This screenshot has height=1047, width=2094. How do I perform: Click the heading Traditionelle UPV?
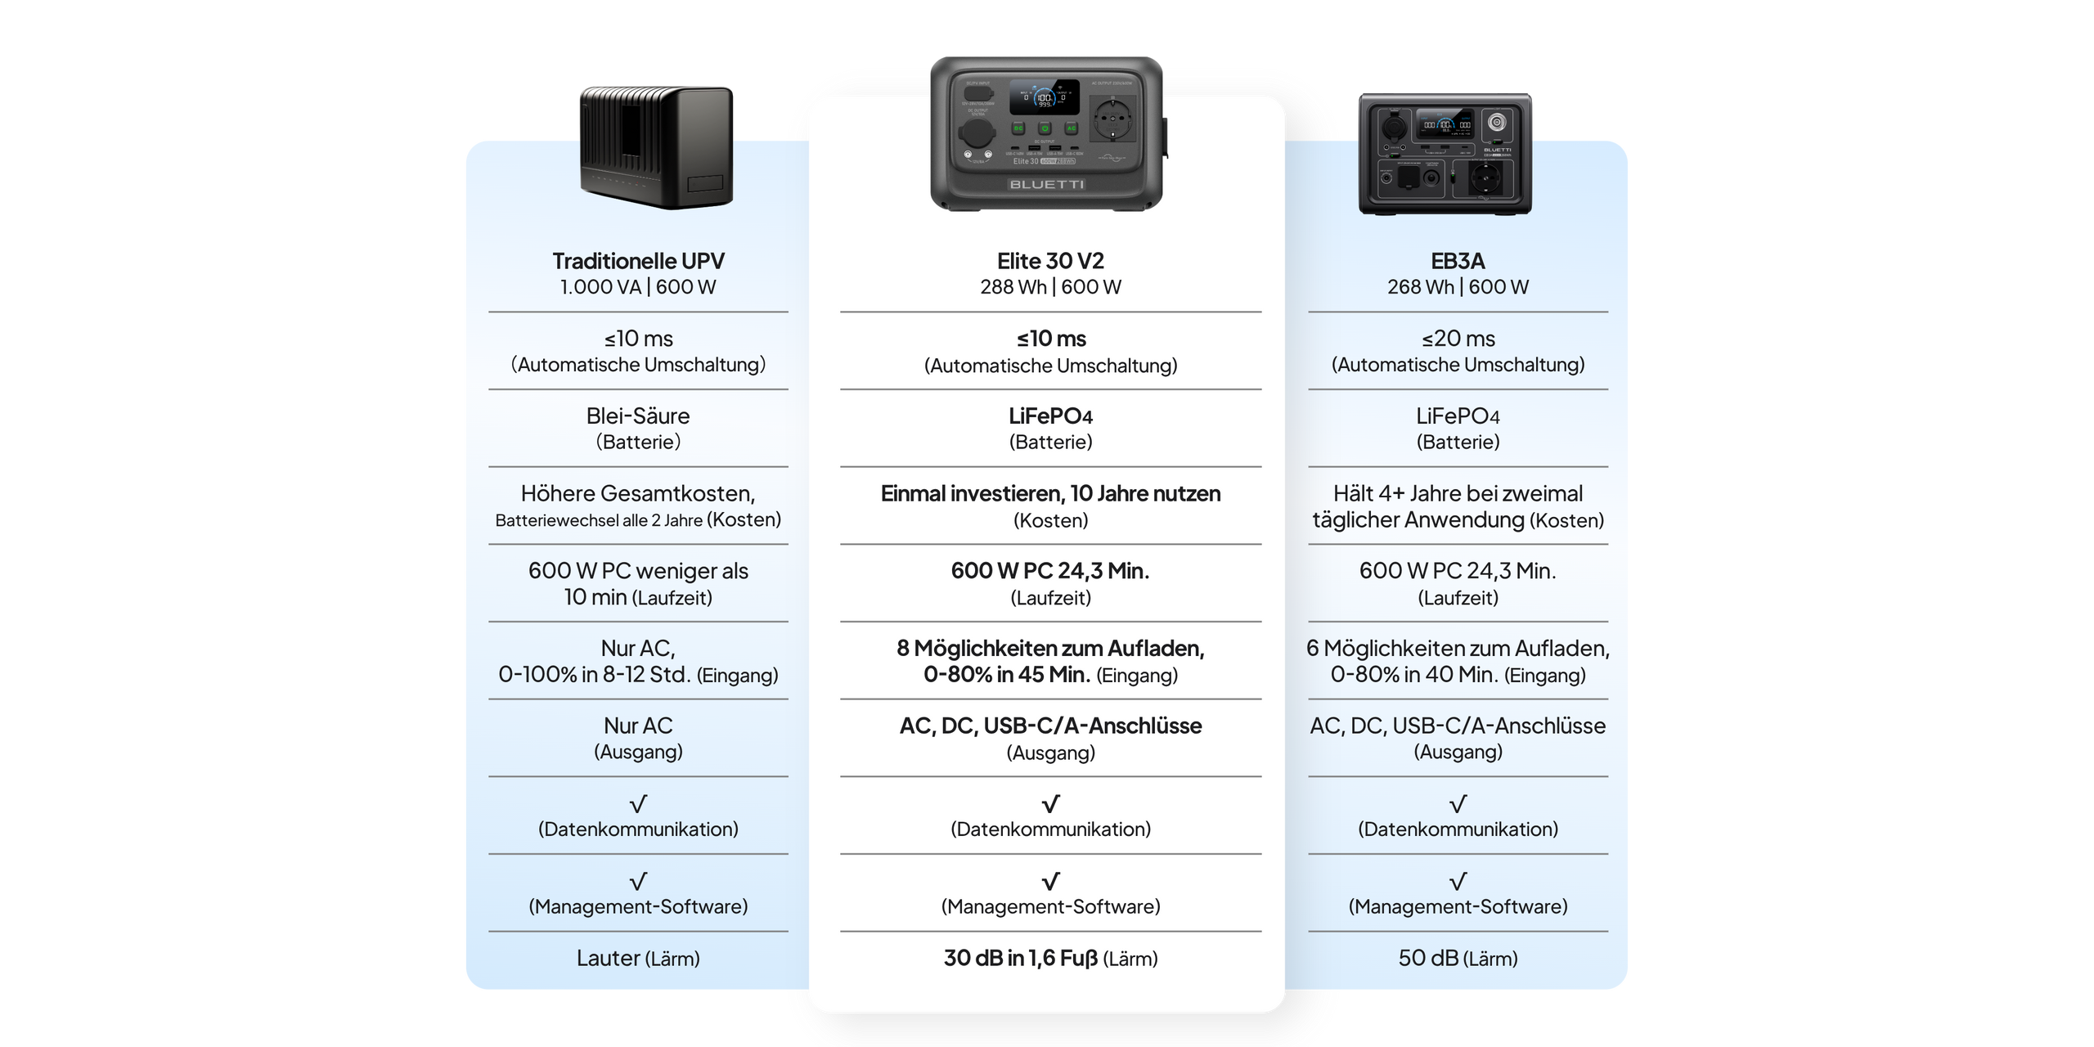tap(638, 261)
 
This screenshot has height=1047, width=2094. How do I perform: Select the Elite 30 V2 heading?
tap(1050, 261)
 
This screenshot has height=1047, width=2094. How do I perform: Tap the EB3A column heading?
tap(1458, 261)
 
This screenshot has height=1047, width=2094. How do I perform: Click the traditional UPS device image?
tap(656, 146)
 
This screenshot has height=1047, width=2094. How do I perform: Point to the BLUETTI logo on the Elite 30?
tap(1047, 185)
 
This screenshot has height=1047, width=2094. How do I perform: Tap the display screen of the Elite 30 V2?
tap(1044, 97)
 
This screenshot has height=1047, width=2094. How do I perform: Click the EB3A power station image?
tap(1445, 152)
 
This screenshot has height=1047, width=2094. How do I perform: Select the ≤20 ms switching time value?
tap(1458, 339)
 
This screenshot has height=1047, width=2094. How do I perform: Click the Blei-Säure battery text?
tap(638, 416)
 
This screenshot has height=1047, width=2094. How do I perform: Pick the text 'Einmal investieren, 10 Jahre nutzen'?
tap(1050, 493)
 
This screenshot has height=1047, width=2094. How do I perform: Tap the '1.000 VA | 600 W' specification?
tap(638, 287)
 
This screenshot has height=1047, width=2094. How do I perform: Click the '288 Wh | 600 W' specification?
tap(1050, 287)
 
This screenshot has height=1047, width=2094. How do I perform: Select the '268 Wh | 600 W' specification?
tap(1458, 287)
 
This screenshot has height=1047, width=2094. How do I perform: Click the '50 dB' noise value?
tap(1428, 958)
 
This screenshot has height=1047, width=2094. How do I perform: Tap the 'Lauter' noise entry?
tap(609, 958)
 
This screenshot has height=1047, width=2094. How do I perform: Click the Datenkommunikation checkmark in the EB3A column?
tap(1458, 803)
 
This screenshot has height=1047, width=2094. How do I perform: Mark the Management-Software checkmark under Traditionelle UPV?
tap(638, 881)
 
